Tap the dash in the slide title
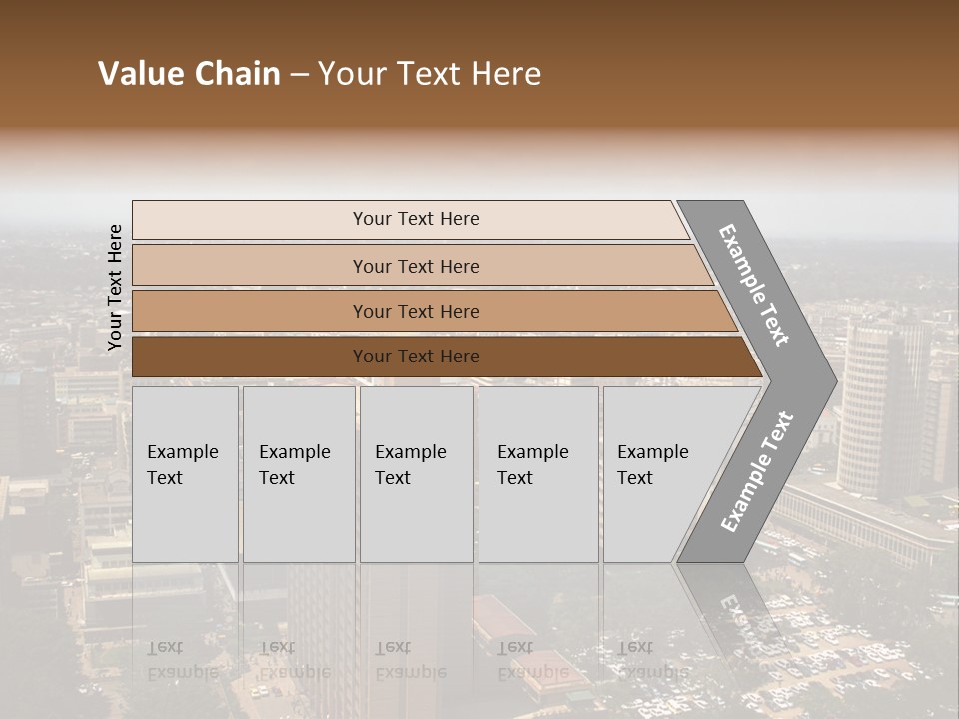click(299, 75)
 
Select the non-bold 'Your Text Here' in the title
click(430, 74)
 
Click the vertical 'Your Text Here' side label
click(115, 287)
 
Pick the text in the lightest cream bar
click(416, 219)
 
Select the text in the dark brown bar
click(416, 357)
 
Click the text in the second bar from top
click(416, 267)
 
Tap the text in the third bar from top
click(416, 312)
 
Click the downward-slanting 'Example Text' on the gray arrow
click(754, 286)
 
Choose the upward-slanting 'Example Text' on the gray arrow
click(756, 472)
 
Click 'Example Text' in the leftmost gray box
click(182, 465)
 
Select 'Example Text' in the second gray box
click(294, 465)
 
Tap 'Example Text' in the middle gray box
click(410, 465)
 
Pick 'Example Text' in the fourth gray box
click(532, 465)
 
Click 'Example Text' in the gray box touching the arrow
click(652, 465)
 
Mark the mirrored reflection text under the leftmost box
click(182, 659)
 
